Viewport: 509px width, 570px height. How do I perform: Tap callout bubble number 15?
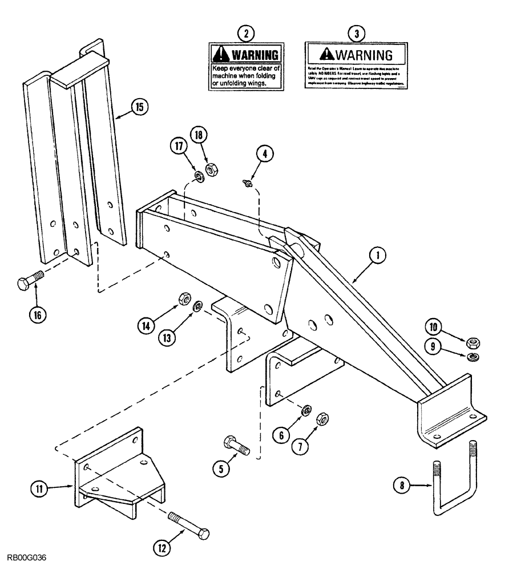point(139,106)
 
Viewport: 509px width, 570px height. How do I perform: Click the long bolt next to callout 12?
point(189,525)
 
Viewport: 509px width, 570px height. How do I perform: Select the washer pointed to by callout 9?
point(473,357)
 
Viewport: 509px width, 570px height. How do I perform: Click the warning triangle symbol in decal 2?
point(220,55)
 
